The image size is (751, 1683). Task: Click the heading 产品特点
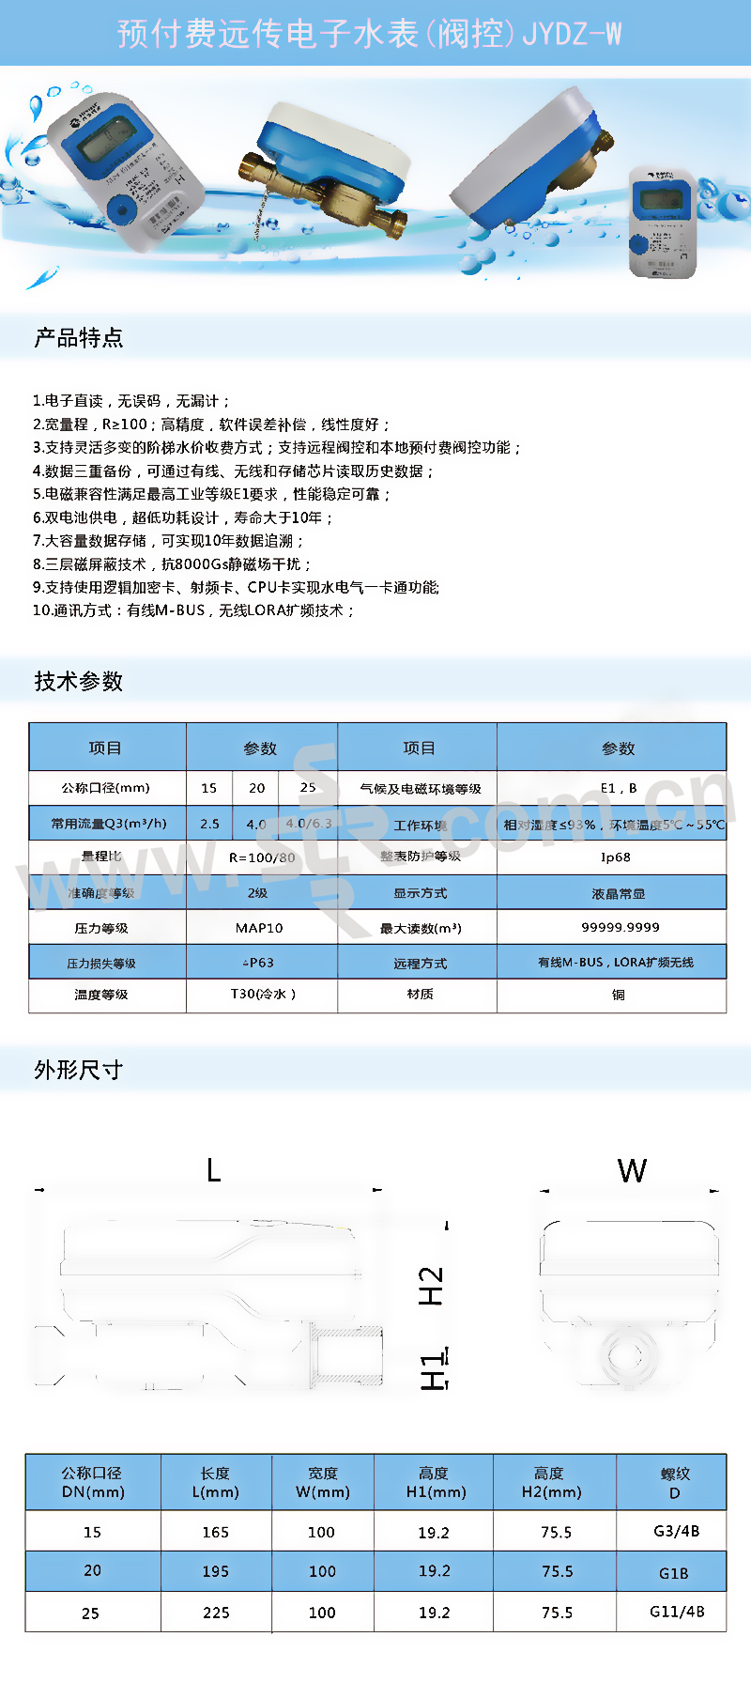pyautogui.click(x=79, y=338)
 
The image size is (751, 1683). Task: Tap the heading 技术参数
pyautogui.click(x=79, y=682)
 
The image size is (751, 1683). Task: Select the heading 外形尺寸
pyautogui.click(x=79, y=1071)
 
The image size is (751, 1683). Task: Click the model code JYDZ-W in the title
pyautogui.click(x=572, y=35)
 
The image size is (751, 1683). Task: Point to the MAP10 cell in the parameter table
pyautogui.click(x=259, y=928)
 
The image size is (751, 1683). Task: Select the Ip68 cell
pyautogui.click(x=616, y=857)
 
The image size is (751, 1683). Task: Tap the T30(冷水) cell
pyautogui.click(x=263, y=994)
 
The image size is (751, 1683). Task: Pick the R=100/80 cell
pyautogui.click(x=262, y=857)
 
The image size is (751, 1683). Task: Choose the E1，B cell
pyautogui.click(x=619, y=788)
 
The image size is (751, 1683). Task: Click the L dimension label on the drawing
pyautogui.click(x=214, y=1171)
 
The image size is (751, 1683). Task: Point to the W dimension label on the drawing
pyautogui.click(x=632, y=1171)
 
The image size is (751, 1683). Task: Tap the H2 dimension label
pyautogui.click(x=431, y=1286)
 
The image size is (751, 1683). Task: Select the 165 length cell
pyautogui.click(x=216, y=1533)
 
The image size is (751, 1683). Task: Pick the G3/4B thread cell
pyautogui.click(x=676, y=1532)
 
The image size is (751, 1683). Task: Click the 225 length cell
pyautogui.click(x=216, y=1613)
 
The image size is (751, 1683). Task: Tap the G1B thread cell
pyautogui.click(x=674, y=1573)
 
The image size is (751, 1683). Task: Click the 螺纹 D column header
pyautogui.click(x=675, y=1483)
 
